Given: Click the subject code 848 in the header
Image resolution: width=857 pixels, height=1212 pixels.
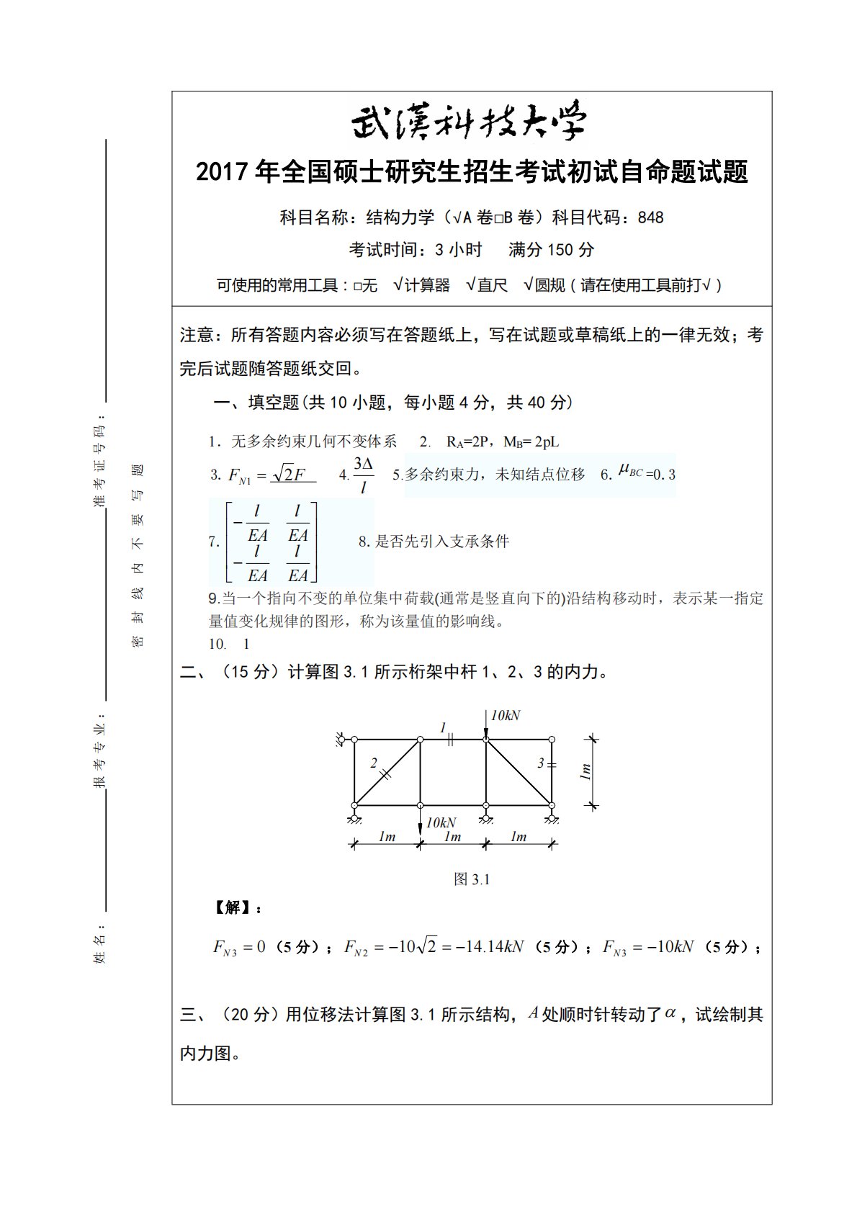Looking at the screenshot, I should [650, 217].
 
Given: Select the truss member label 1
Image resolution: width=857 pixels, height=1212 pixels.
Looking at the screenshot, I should [444, 727].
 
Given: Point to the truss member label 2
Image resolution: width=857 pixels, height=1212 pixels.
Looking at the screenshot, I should [373, 763].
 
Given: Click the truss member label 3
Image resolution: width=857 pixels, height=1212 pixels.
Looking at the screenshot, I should [541, 763].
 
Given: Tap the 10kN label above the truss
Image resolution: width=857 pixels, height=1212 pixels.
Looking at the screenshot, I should [506, 716].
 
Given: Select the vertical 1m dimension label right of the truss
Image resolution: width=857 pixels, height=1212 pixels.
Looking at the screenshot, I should [586, 772].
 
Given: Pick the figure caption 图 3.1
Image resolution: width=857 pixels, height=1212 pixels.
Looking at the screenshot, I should [472, 879].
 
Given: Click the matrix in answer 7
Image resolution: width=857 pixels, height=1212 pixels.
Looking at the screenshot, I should [272, 542].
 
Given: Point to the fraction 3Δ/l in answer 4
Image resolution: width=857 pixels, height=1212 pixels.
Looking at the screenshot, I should [363, 475].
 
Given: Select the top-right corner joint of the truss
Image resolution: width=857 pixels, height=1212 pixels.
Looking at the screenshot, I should [552, 740].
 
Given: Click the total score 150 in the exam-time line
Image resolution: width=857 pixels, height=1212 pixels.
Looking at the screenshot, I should [561, 251].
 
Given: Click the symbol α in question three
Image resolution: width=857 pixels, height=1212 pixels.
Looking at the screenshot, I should [670, 1013].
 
